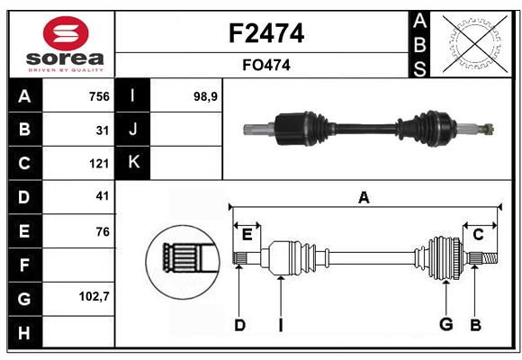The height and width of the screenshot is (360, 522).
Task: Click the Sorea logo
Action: [x=62, y=45]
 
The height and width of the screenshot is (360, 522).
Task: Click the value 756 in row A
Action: [x=98, y=96]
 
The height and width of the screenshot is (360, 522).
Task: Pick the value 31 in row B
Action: [x=102, y=130]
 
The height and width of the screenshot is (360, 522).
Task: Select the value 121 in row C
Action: [x=98, y=164]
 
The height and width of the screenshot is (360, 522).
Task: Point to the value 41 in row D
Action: [x=102, y=196]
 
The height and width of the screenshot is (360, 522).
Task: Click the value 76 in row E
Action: [x=102, y=231]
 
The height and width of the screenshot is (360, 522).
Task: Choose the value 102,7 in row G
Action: [x=94, y=295]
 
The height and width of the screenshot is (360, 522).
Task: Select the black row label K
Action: [x=133, y=163]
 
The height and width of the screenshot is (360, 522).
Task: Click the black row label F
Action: [x=24, y=265]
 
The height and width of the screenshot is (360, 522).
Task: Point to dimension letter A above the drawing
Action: [x=364, y=198]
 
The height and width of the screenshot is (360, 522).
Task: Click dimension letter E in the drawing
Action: [x=247, y=235]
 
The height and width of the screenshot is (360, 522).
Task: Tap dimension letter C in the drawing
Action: [x=478, y=235]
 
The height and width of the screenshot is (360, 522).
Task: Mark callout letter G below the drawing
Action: [x=445, y=325]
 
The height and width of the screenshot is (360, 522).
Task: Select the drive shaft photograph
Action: [x=369, y=129]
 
